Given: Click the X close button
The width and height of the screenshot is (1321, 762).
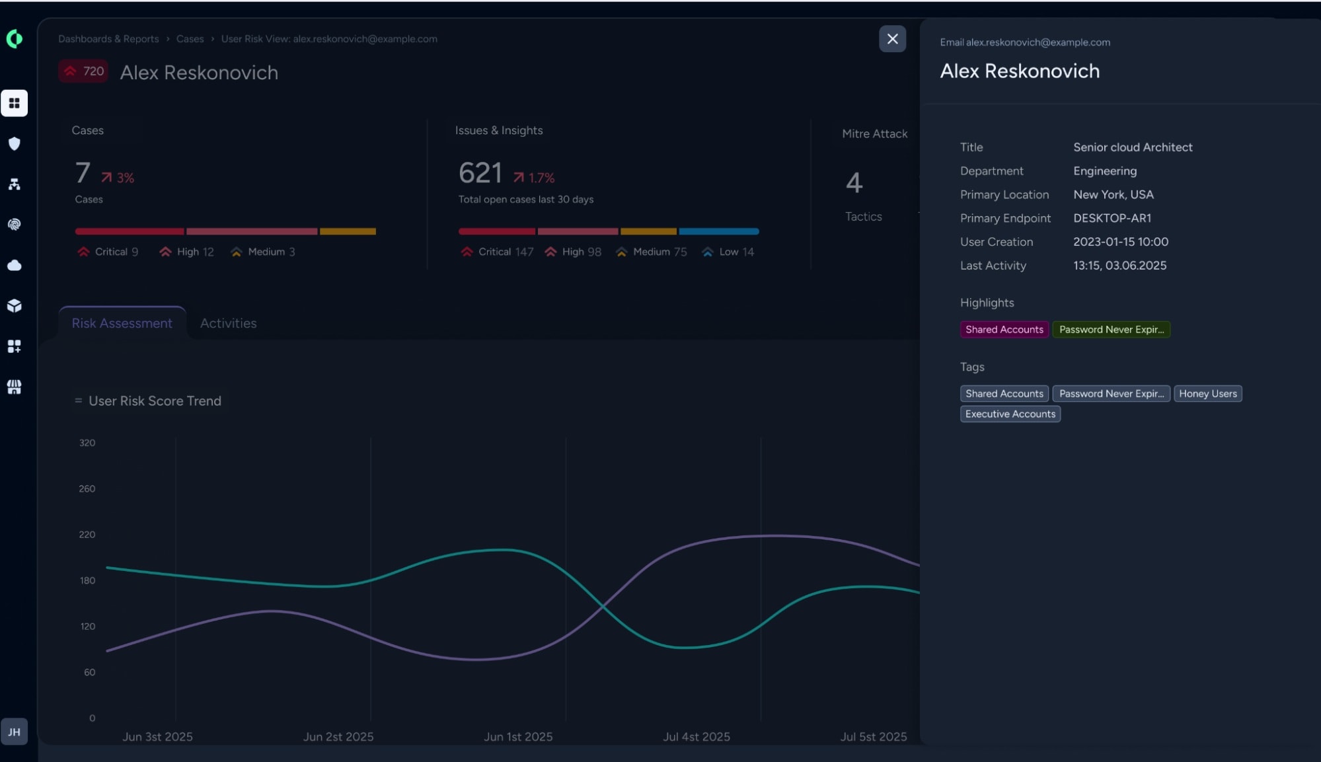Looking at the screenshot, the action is (892, 39).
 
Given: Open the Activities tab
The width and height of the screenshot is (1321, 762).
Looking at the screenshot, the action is (228, 323).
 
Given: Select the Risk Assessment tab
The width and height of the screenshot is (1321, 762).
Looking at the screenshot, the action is (122, 323).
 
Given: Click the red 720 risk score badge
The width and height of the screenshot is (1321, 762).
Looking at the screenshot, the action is (83, 71).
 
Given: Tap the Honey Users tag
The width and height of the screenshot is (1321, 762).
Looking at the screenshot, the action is (1207, 394).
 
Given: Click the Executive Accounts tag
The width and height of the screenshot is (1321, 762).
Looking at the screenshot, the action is (1010, 414).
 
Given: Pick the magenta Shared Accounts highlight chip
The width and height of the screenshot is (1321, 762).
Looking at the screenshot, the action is (1004, 330).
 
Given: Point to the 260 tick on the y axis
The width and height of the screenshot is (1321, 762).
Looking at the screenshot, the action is (87, 489).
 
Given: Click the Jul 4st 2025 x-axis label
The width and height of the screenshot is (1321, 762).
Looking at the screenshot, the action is (697, 737).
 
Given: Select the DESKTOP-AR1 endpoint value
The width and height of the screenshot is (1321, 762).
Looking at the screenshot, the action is (1112, 218).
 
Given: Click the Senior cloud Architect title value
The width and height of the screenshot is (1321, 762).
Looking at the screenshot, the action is (1133, 147).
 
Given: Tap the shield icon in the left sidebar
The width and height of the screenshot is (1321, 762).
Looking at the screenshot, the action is (15, 144).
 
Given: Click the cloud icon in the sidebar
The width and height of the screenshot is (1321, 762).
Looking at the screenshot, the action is (15, 266).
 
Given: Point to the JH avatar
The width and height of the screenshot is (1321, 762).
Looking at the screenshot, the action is (15, 732).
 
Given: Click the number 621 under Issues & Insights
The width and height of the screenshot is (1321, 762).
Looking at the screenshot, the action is (480, 173).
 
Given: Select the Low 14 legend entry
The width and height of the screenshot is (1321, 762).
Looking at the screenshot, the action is (728, 252).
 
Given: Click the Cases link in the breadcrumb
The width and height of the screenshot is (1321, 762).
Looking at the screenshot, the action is (190, 39).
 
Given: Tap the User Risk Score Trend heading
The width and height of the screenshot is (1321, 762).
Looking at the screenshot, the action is (155, 401).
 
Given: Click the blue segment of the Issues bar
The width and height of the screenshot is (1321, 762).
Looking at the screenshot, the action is (719, 231).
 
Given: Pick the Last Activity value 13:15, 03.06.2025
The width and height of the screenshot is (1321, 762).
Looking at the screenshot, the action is (1119, 266).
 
